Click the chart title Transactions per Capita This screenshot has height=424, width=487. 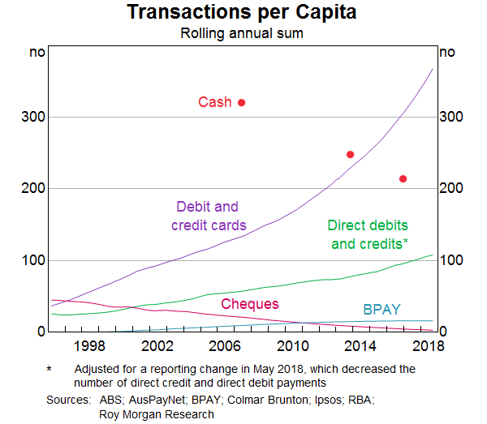click(x=243, y=14)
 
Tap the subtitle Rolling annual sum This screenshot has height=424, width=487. click(x=243, y=34)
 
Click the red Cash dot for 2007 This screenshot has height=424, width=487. click(x=241, y=102)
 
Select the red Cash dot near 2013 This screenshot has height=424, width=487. click(x=351, y=154)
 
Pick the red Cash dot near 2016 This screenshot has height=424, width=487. click(x=403, y=179)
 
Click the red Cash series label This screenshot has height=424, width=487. click(x=215, y=102)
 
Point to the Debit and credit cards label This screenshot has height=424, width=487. click(x=209, y=216)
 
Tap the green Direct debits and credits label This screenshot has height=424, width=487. click(x=368, y=234)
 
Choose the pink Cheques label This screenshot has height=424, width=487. click(x=250, y=304)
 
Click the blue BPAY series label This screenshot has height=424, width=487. click(x=381, y=310)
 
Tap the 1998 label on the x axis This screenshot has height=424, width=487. click(x=88, y=346)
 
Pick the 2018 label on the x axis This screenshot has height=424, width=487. click(x=428, y=346)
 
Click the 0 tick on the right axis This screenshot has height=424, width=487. click(x=444, y=332)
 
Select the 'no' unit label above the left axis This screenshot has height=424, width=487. click(x=37, y=53)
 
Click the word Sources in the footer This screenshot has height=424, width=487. click(x=68, y=400)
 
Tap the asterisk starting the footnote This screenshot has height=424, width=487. click(x=50, y=369)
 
